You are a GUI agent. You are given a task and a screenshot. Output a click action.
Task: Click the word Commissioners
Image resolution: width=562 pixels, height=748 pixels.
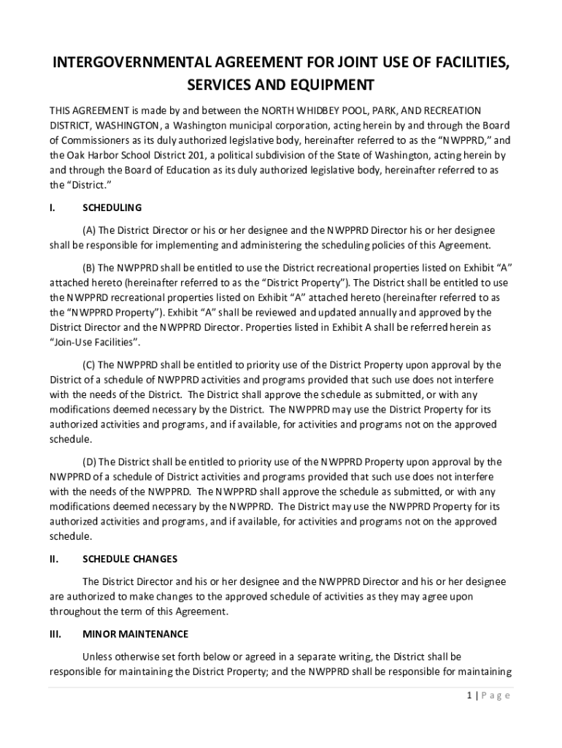[x=98, y=140]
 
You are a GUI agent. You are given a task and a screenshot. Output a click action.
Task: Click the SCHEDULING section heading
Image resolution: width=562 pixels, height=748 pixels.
[x=112, y=208]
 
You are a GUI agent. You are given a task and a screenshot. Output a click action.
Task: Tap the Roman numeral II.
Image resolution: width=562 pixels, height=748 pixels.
[x=53, y=559]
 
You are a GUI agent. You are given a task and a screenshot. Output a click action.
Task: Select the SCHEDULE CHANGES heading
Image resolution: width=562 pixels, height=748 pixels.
[x=130, y=559]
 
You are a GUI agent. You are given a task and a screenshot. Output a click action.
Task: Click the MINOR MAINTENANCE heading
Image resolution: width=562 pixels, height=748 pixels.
[x=135, y=634]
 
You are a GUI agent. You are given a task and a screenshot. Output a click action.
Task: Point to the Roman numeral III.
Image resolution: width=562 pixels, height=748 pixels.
[x=55, y=634]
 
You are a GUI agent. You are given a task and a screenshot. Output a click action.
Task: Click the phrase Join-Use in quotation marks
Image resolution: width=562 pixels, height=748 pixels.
[x=71, y=342]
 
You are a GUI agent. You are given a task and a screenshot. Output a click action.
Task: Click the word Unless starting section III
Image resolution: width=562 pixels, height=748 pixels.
[x=99, y=656]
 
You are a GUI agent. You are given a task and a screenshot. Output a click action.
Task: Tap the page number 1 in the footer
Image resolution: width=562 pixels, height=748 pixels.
[x=468, y=695]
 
